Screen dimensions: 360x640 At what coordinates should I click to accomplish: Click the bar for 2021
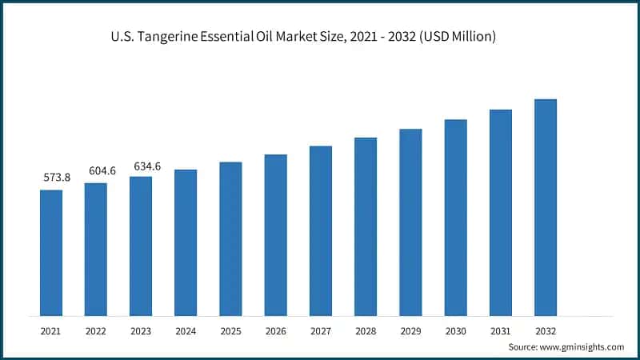pyautogui.click(x=51, y=252)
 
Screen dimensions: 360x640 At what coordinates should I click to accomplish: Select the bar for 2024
pyautogui.click(x=186, y=242)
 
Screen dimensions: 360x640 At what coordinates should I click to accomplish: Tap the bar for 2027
pyautogui.click(x=321, y=230)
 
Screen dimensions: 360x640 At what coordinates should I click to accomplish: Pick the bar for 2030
pyautogui.click(x=456, y=217)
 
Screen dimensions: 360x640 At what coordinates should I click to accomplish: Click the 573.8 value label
pyautogui.click(x=56, y=178)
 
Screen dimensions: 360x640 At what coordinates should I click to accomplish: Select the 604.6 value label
pyautogui.click(x=102, y=170)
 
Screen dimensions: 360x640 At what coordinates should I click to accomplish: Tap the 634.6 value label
pyautogui.click(x=146, y=166)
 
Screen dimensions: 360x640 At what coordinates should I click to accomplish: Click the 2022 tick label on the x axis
pyautogui.click(x=96, y=330)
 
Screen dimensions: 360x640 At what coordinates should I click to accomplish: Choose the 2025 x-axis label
pyautogui.click(x=230, y=330)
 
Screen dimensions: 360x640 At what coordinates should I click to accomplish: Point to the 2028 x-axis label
pyautogui.click(x=366, y=330)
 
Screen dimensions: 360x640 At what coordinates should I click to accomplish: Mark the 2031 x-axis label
pyautogui.click(x=501, y=330)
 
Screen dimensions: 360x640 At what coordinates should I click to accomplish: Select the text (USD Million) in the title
pyautogui.click(x=458, y=38)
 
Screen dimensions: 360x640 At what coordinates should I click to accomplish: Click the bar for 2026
pyautogui.click(x=276, y=234)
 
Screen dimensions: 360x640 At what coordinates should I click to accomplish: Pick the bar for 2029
pyautogui.click(x=410, y=222)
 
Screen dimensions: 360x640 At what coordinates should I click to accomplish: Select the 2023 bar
pyautogui.click(x=141, y=246)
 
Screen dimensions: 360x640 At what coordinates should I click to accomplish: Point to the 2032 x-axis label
pyautogui.click(x=546, y=330)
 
